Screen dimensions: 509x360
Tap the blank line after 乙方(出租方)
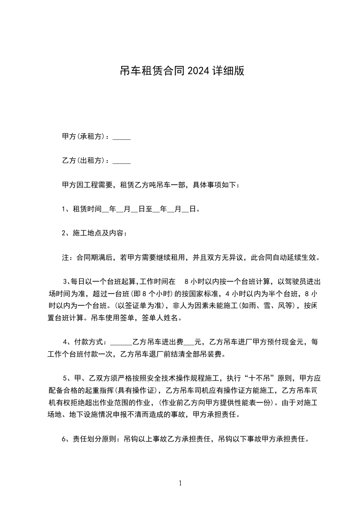pyautogui.click(x=121, y=161)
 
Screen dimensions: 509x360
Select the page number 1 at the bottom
pyautogui.click(x=180, y=483)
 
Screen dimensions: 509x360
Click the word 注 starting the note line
pyautogui.click(x=65, y=257)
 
